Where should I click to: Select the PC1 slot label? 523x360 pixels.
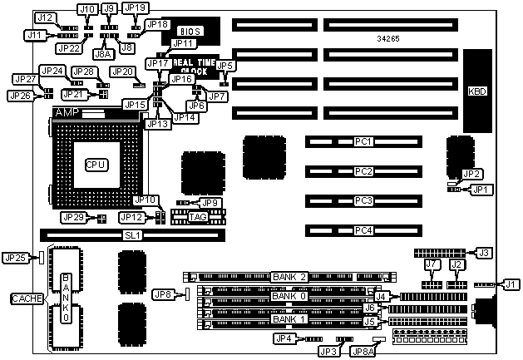362,142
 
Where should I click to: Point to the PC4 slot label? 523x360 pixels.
362,229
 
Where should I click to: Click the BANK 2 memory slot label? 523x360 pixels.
289,277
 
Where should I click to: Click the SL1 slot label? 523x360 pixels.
133,235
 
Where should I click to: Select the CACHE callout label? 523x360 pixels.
22,298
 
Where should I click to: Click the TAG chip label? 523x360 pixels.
198,217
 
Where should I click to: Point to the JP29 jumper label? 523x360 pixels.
75,218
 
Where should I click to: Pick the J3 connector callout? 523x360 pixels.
483,252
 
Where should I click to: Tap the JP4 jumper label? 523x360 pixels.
284,338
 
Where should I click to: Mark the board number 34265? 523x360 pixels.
390,38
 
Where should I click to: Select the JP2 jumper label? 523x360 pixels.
471,174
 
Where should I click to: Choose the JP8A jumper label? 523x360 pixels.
385,352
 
